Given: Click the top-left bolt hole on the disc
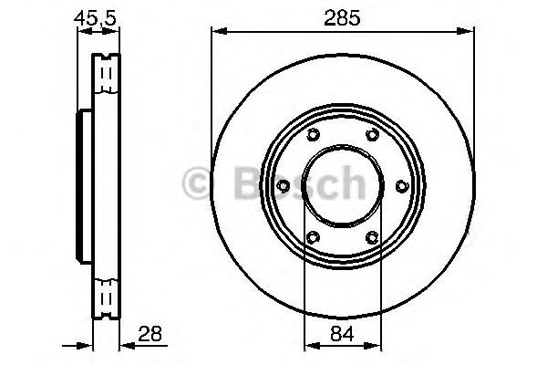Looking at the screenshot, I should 312,136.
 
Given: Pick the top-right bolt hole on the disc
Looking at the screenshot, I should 372,136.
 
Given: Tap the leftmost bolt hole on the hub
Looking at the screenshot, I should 283,187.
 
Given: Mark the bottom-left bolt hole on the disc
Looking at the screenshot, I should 312,238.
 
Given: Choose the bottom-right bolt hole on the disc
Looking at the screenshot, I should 372,238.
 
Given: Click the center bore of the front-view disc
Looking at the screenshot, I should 342,187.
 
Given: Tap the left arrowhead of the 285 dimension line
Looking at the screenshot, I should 217,33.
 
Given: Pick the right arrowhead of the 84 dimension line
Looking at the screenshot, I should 375,346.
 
